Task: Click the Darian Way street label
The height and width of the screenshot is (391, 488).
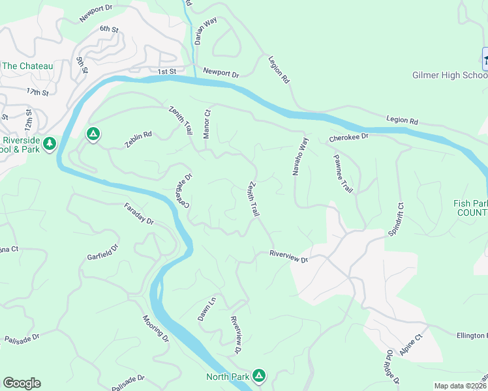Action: click(x=206, y=31)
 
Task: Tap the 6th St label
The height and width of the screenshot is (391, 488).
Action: click(x=108, y=29)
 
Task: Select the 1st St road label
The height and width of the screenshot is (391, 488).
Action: click(x=167, y=71)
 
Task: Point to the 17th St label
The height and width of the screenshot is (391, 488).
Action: click(x=38, y=93)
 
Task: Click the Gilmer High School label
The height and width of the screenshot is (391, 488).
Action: click(x=450, y=76)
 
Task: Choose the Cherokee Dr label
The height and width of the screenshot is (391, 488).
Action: click(x=349, y=138)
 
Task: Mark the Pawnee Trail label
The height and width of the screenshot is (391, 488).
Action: click(x=343, y=173)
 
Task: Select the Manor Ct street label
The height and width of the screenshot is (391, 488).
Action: click(x=207, y=122)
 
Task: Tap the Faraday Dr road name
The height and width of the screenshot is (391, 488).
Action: click(x=139, y=214)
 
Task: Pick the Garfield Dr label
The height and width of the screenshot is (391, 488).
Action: click(x=103, y=252)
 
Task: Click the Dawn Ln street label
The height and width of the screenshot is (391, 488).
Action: click(x=207, y=310)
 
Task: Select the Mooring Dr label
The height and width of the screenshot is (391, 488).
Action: click(x=156, y=329)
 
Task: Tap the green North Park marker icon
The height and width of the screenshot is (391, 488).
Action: click(x=259, y=375)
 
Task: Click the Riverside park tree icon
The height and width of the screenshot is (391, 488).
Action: click(x=49, y=143)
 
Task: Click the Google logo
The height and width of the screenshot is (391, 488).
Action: click(x=22, y=383)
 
